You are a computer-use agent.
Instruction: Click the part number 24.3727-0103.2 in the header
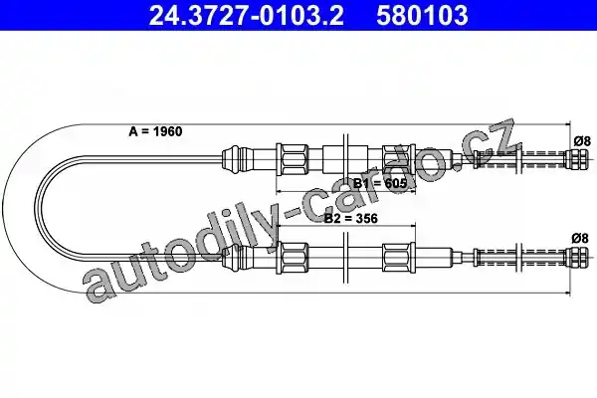[247, 15]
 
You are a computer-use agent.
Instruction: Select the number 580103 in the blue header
[422, 15]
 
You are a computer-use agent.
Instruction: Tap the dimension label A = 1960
[155, 131]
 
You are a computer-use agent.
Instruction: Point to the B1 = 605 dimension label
[380, 183]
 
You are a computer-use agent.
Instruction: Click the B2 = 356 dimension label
[350, 218]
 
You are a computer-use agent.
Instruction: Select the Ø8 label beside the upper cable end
[582, 141]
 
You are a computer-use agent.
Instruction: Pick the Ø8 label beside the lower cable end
[580, 239]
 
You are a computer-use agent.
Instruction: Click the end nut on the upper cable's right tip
[577, 159]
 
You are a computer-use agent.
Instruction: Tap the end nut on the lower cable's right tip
[577, 257]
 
